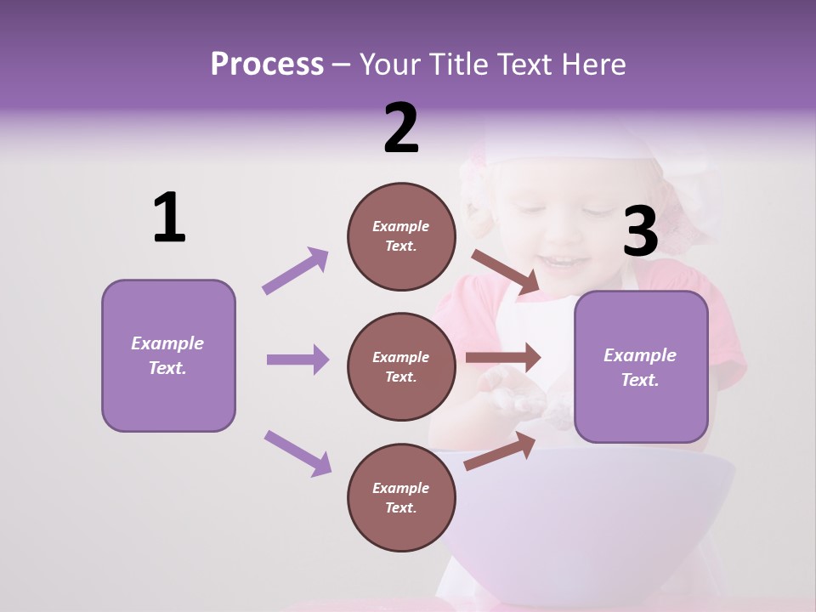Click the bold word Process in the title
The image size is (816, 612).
267,64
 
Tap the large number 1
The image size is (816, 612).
169,218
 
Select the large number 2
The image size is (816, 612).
401,127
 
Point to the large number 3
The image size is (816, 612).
640,232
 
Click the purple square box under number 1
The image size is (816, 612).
168,355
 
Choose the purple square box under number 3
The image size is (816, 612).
641,366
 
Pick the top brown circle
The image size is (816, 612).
401,236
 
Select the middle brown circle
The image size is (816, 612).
401,366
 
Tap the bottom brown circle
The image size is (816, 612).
401,497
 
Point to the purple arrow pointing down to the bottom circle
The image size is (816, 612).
297,453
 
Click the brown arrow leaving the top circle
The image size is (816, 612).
505,272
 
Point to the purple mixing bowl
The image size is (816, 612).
595,510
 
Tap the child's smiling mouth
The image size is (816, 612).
563,260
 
